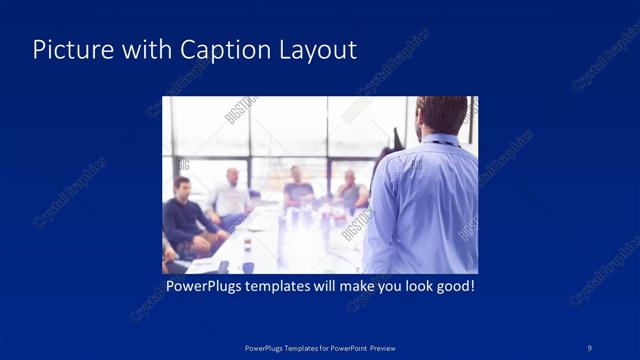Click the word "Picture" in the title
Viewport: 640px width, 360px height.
click(x=67, y=50)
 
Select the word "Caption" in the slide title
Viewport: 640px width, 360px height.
click(x=217, y=50)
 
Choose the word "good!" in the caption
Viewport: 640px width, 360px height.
click(x=453, y=287)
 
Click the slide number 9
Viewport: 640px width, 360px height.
click(x=590, y=347)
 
